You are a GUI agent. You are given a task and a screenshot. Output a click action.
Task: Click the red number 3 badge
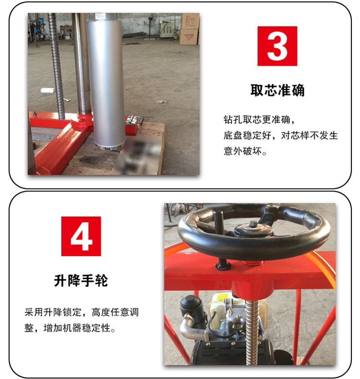click(x=277, y=46)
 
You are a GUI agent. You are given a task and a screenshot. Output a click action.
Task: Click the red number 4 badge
click(x=81, y=236)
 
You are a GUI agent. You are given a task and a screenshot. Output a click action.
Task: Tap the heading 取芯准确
click(x=277, y=90)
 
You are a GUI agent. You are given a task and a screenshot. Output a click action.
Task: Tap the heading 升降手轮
click(x=81, y=281)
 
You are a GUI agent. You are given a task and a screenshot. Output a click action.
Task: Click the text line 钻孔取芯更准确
click(x=259, y=119)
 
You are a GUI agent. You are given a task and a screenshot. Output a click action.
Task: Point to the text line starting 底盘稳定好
click(x=280, y=135)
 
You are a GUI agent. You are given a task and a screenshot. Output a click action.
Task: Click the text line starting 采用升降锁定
click(x=82, y=312)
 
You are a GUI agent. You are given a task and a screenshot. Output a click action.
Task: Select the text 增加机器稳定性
click(x=77, y=328)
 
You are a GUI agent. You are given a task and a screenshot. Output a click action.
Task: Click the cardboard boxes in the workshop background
click(x=189, y=28)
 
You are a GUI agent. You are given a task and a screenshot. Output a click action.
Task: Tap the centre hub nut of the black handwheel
click(x=253, y=224)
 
